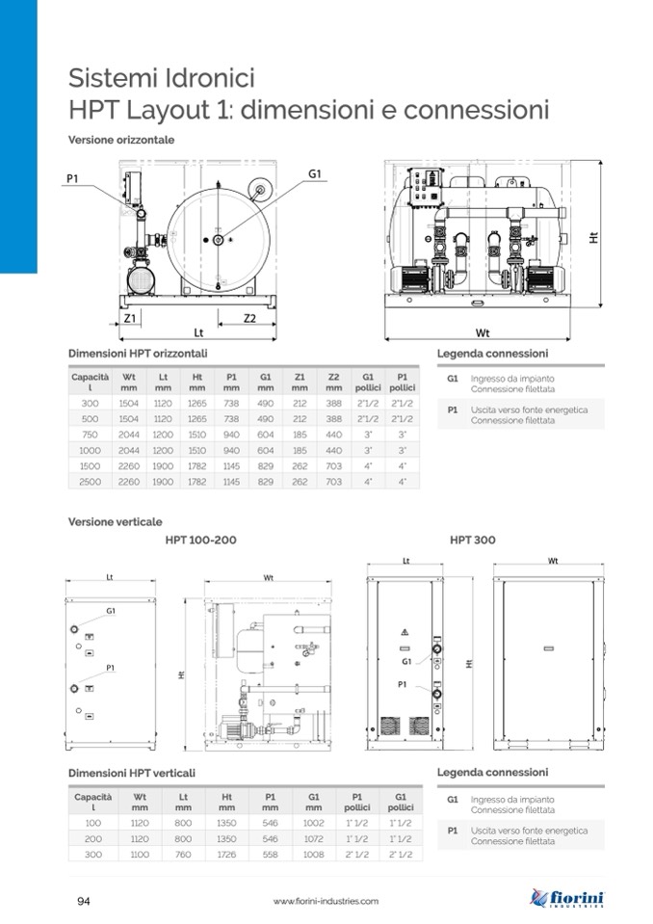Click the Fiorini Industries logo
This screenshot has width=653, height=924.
pos(566,898)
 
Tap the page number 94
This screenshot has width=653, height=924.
pos(84,901)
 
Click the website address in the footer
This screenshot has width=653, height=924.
pos(326,901)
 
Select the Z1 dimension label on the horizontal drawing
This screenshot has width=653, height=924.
pos(129,318)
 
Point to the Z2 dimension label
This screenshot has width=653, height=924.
pos(249,318)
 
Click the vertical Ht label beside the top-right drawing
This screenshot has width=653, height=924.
pos(593,236)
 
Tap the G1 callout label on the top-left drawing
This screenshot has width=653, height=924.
pos(315,173)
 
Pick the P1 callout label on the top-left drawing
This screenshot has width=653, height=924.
pos(72,178)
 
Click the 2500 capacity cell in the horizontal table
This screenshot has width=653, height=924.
pos(91,482)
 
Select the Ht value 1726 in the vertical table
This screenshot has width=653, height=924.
pos(226,854)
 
